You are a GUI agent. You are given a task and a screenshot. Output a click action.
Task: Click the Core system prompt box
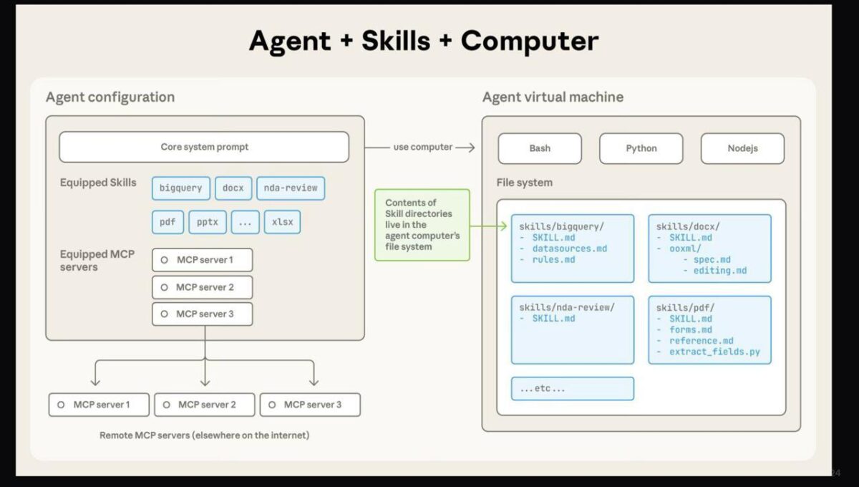[x=204, y=147]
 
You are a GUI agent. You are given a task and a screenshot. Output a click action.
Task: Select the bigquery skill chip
[x=181, y=188]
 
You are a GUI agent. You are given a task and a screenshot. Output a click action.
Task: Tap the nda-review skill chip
[x=290, y=188]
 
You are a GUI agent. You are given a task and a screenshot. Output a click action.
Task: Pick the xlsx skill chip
[x=282, y=222]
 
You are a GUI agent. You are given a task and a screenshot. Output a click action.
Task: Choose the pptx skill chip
[x=208, y=222]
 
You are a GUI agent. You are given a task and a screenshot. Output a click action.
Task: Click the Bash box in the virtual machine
[x=540, y=148]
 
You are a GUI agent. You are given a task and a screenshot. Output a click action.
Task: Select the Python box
[x=641, y=148]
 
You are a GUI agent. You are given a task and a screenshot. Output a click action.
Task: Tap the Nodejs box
[x=742, y=148]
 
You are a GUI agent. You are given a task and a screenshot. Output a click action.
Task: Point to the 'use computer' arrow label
[x=422, y=147]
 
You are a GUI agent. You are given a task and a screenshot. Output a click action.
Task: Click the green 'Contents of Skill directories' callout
[x=422, y=225]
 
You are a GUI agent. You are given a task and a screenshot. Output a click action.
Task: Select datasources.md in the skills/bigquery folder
[x=569, y=249]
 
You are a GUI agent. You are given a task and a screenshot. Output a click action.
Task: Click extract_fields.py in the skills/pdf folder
[x=714, y=352]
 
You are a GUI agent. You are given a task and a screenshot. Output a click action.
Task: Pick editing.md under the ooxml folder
[x=719, y=271]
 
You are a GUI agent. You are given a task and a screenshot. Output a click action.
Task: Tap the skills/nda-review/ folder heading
[x=567, y=307]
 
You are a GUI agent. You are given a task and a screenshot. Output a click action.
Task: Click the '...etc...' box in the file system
[x=572, y=388]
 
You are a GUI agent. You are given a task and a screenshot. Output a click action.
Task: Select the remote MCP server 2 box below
[x=205, y=405]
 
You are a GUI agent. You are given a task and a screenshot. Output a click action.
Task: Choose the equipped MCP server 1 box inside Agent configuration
[x=203, y=260]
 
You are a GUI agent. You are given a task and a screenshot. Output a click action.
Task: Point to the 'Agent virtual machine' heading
[x=553, y=97]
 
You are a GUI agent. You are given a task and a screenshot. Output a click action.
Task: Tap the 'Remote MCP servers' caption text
[x=205, y=435]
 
